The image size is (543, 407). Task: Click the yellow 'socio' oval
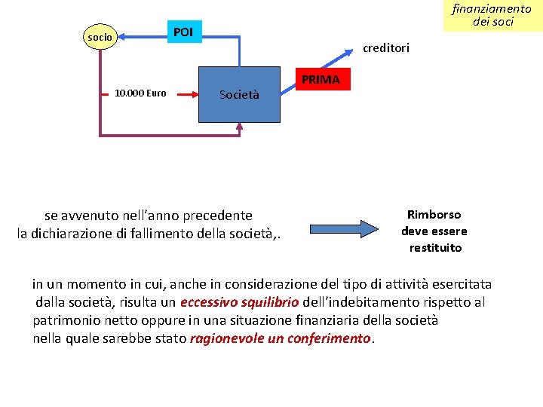click(x=100, y=36)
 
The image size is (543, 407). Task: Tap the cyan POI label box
click(x=183, y=32)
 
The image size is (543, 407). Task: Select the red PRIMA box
click(x=321, y=80)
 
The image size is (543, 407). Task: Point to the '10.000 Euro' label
click(x=140, y=94)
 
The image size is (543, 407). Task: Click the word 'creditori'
click(x=386, y=48)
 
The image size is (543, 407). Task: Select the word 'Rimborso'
click(x=434, y=215)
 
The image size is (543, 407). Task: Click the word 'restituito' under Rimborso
click(x=434, y=248)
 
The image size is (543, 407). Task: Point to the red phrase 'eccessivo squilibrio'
click(x=239, y=302)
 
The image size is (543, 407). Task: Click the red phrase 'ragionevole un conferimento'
click(x=281, y=338)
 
